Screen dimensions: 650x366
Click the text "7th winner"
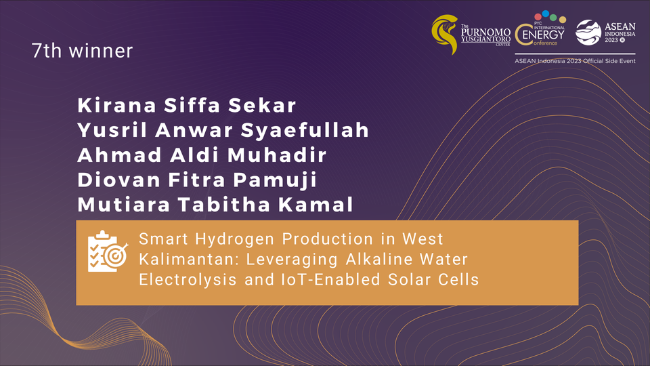tap(82, 51)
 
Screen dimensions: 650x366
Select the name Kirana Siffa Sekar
tap(187, 106)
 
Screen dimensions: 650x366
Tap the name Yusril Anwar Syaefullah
tap(223, 130)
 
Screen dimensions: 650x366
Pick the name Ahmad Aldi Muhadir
tap(202, 155)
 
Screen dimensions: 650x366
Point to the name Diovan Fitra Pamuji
tap(197, 180)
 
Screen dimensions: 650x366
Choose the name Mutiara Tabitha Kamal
tap(215, 205)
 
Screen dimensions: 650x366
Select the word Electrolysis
tap(188, 279)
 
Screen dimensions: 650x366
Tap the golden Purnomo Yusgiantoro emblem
tap(445, 34)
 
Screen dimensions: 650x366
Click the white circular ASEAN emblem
tap(588, 33)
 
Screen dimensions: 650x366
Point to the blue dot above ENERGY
tap(546, 14)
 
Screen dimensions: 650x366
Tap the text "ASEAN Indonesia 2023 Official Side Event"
tap(575, 61)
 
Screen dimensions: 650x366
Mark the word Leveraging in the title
tap(292, 260)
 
